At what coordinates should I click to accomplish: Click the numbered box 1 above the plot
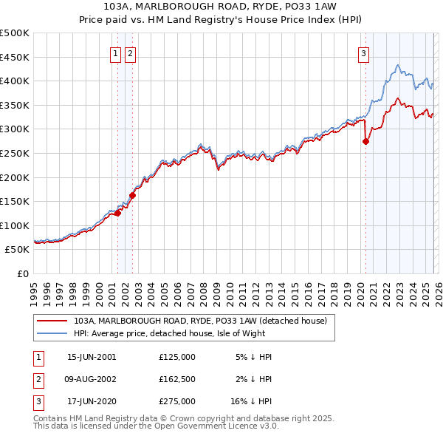117,52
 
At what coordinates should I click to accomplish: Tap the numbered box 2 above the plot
130,52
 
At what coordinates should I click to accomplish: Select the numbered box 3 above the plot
365,52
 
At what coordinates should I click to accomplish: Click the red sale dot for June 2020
365,142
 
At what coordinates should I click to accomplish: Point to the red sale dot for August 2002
133,196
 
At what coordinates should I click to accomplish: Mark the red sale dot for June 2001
117,214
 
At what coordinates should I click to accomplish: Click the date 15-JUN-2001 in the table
92,357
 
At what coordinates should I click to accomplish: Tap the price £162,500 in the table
177,379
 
